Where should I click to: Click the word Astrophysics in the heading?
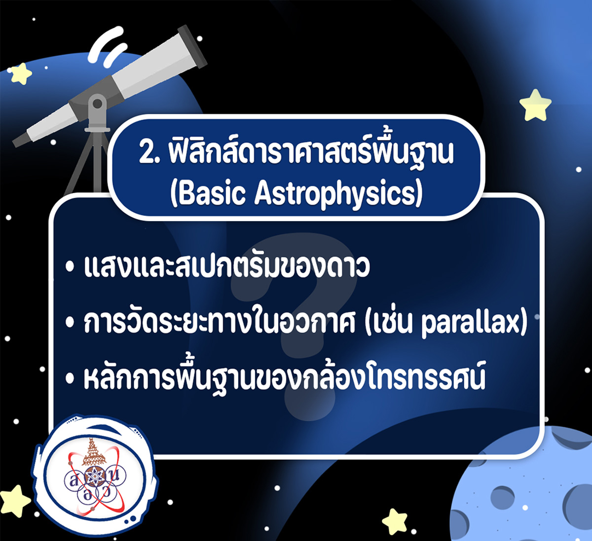point(338,195)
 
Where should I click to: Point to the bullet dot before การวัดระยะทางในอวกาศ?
point(70,323)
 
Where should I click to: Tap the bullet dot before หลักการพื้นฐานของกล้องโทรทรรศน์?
point(70,378)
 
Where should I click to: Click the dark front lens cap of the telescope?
point(192,46)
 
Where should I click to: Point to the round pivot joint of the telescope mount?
point(97,104)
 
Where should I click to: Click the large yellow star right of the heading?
point(535,105)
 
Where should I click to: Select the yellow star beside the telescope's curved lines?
point(21,73)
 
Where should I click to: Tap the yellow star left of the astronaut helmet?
point(14,501)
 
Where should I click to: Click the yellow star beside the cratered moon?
point(395,521)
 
